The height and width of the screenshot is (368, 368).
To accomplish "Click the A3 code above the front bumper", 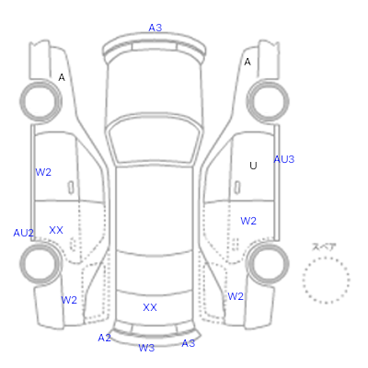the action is pos(155,28).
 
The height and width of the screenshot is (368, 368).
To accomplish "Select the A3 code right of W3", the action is pos(189,343).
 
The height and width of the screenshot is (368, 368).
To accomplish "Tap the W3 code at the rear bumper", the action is pos(146,348).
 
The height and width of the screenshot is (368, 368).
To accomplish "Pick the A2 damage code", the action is pos(104,338).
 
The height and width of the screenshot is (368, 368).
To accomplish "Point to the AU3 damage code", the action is pos(284,159).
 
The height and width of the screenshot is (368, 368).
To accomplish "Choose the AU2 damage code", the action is pos(23,233).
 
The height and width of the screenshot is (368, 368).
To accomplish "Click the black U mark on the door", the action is pos(253,166).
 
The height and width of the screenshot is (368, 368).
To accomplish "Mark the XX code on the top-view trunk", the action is pos(150,307).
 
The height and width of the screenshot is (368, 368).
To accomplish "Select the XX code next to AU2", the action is pos(56,230).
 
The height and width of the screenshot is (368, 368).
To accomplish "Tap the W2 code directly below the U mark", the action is pos(248,221).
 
